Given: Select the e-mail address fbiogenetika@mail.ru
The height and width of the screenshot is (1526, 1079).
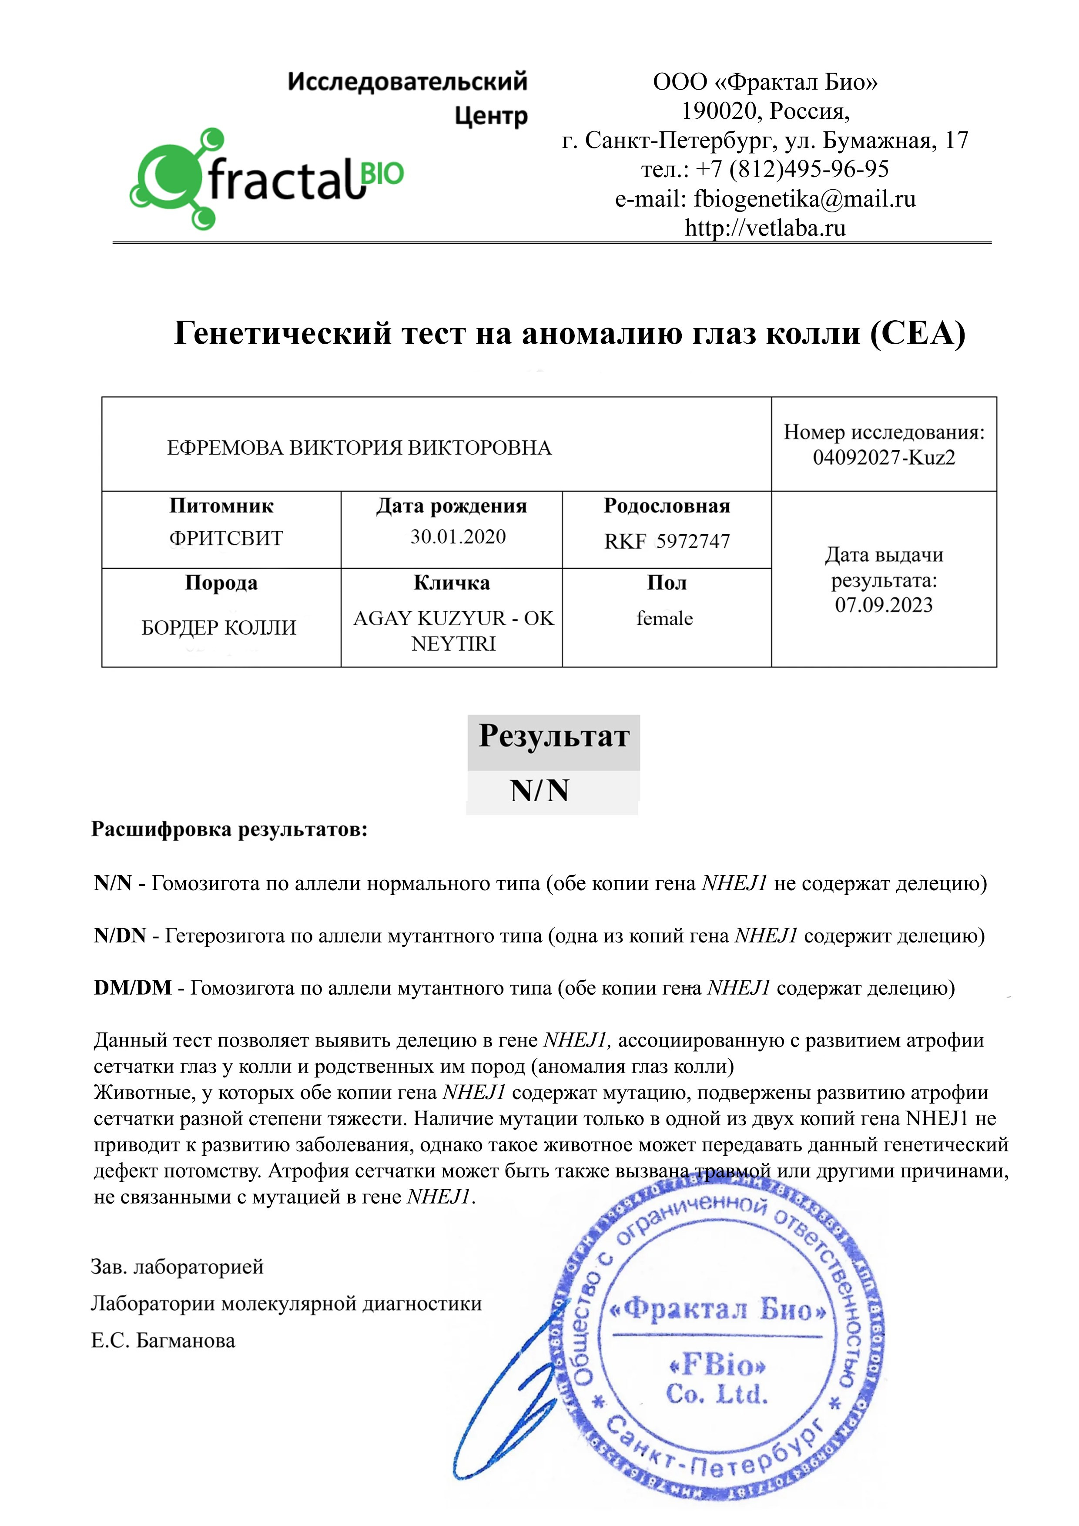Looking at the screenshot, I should pos(804,199).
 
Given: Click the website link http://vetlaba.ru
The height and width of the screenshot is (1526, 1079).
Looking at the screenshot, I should pos(765,228).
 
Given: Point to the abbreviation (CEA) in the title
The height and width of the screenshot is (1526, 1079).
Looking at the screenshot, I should pos(918,333).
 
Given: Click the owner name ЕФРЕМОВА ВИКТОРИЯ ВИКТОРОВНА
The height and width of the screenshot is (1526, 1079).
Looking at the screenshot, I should pos(359,448).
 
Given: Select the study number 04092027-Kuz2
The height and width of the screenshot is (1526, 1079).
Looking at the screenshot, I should pos(884,457).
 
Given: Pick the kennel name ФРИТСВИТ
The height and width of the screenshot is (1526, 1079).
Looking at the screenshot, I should pos(226,538).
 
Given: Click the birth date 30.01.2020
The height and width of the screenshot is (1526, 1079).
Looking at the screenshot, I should pos(458,537).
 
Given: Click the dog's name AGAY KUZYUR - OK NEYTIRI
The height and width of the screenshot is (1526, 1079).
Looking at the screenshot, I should pos(453,631).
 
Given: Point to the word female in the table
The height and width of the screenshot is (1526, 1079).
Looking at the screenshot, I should pos(664,619).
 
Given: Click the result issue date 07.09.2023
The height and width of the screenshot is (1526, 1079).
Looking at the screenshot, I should pos(884,605).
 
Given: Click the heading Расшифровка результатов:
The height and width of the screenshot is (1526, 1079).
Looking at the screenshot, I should pos(229,829).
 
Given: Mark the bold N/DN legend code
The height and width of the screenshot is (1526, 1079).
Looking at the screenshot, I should pos(120,936).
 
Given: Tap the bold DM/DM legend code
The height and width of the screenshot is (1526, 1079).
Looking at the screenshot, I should pos(133,988).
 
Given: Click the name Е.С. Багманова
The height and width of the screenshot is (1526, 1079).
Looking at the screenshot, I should pos(163,1341).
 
